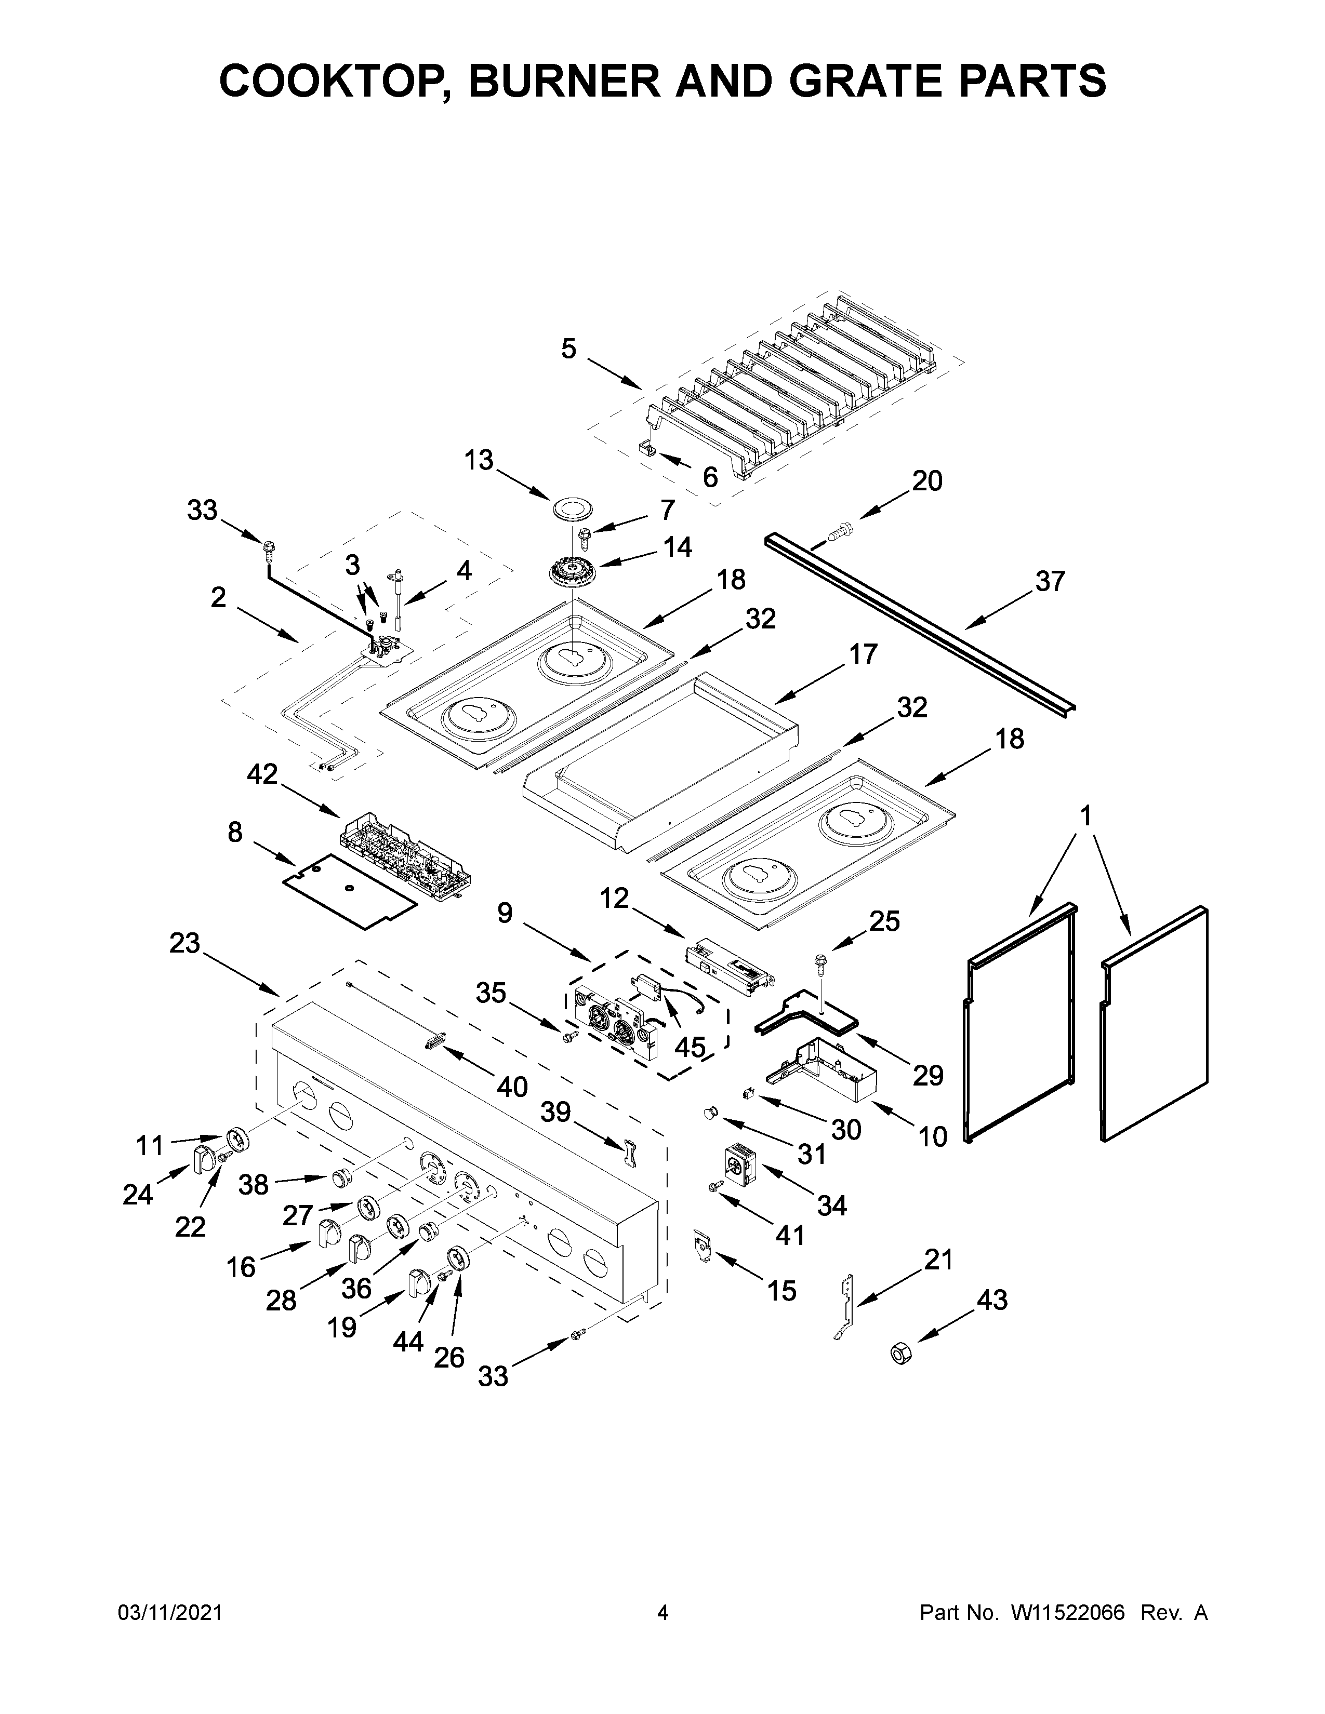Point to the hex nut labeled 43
[x=899, y=1352]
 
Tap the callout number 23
[x=186, y=943]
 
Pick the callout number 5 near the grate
[x=569, y=349]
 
